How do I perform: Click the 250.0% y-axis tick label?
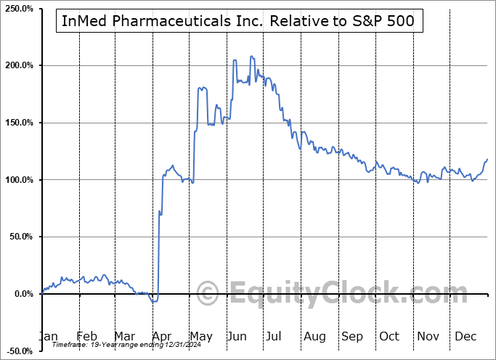point(18,8)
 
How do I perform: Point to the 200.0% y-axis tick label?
point(18,65)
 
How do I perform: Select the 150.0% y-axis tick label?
point(18,123)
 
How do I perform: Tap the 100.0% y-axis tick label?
point(18,180)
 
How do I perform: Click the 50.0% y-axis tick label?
point(20,237)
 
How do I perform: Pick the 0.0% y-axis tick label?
point(22,294)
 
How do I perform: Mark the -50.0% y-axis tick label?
point(18,351)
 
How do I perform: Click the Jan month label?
point(48,336)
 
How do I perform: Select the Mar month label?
point(125,336)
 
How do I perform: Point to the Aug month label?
point(314,336)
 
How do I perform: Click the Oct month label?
point(389,336)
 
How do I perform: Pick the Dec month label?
point(465,336)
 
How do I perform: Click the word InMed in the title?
point(86,20)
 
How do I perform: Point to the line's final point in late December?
point(487,159)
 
